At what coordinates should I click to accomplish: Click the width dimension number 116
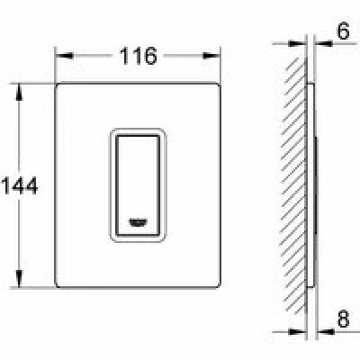click(x=139, y=56)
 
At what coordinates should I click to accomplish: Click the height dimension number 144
click(x=20, y=185)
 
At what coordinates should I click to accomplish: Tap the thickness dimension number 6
click(x=343, y=31)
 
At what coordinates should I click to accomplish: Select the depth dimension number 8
click(x=343, y=319)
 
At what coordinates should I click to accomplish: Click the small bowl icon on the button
click(x=138, y=222)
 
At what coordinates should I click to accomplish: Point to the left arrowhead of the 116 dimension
click(x=64, y=56)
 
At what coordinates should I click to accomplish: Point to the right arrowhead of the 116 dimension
click(x=211, y=56)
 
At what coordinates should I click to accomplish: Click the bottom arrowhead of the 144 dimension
click(x=19, y=278)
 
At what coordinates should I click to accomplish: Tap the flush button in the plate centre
click(x=138, y=186)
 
